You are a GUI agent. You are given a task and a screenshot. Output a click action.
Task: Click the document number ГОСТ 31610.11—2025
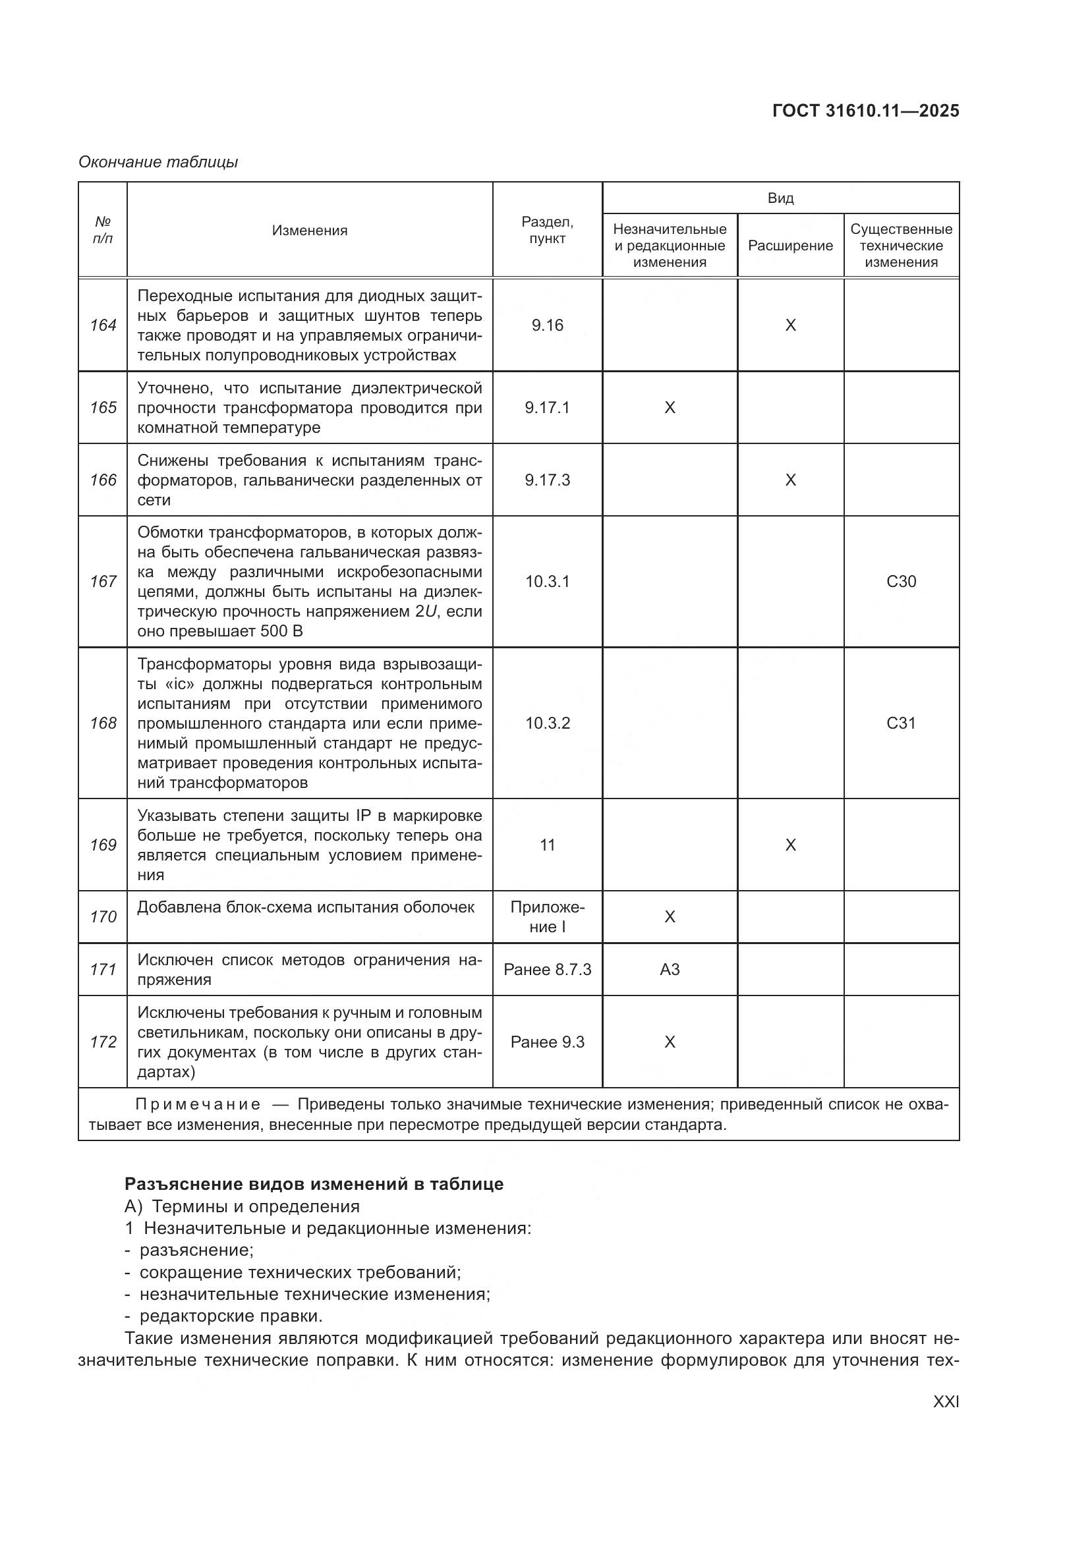[x=865, y=111]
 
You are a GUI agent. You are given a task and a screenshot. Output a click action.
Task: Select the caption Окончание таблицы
[x=158, y=162]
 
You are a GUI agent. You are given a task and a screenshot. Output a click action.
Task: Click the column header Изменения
[x=310, y=231]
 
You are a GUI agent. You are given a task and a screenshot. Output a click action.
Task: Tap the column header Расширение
[x=790, y=246]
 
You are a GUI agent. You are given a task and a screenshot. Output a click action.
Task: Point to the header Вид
[x=780, y=198]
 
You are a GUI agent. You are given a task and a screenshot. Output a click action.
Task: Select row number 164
[x=103, y=325]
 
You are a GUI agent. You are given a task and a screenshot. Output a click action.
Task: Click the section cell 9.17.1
[x=547, y=408]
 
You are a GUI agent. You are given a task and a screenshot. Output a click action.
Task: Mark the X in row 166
[x=790, y=480]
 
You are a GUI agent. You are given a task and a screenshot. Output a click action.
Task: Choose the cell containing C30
[x=901, y=582]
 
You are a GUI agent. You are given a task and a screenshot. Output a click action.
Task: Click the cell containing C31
[x=901, y=723]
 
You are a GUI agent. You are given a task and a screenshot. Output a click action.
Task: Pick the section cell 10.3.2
[x=547, y=723]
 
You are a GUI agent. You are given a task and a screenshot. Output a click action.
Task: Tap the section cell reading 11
[x=547, y=845]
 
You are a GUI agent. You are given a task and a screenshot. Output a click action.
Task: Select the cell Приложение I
[x=547, y=917]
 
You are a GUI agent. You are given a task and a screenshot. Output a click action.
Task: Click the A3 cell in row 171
[x=669, y=970]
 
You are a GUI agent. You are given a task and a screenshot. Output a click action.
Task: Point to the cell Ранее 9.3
[x=547, y=1042]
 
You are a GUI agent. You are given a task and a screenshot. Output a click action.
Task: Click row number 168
[x=103, y=723]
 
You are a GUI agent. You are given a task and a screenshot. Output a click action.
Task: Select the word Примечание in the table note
[x=197, y=1105]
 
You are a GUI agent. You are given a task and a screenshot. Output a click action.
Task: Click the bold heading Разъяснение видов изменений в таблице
[x=314, y=1184]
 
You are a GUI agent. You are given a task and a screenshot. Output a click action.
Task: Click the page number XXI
[x=946, y=1402]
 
